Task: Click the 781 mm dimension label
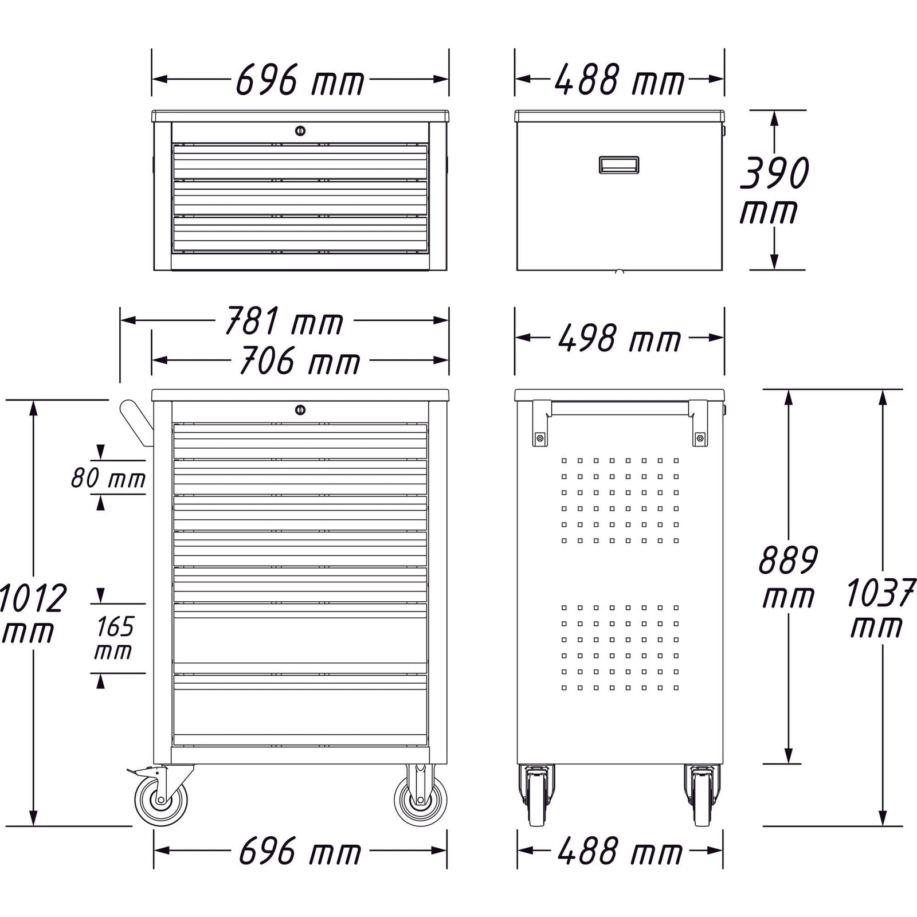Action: pyautogui.click(x=284, y=321)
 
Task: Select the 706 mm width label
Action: pyautogui.click(x=300, y=361)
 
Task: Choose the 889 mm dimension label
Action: pyautogui.click(x=788, y=578)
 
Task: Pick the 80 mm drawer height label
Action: pyautogui.click(x=108, y=478)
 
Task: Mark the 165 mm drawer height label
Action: pyautogui.click(x=113, y=638)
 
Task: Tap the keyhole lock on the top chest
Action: pyautogui.click(x=300, y=131)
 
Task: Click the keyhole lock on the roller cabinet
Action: pyautogui.click(x=300, y=410)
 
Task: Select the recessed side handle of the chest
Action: pyautogui.click(x=619, y=165)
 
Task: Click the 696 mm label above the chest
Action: pyautogui.click(x=300, y=80)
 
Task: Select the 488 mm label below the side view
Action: pyautogui.click(x=620, y=851)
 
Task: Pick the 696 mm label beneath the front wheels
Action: pyautogui.click(x=300, y=851)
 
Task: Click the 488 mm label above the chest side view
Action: pyautogui.click(x=619, y=80)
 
